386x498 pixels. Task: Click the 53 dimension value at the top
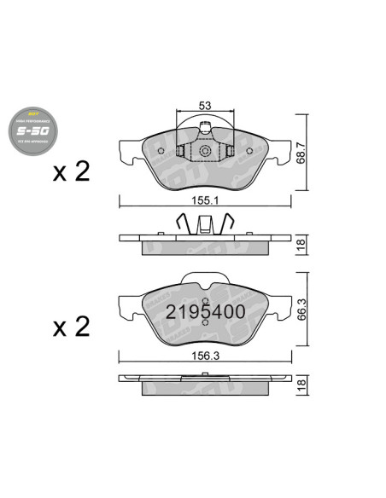[204, 105]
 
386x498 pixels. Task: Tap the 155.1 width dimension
[203, 203]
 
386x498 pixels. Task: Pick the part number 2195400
[205, 311]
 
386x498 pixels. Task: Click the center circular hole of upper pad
[204, 152]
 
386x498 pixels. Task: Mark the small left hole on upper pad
[162, 154]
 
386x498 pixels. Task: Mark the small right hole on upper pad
[247, 154]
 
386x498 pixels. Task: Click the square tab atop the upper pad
[204, 130]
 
